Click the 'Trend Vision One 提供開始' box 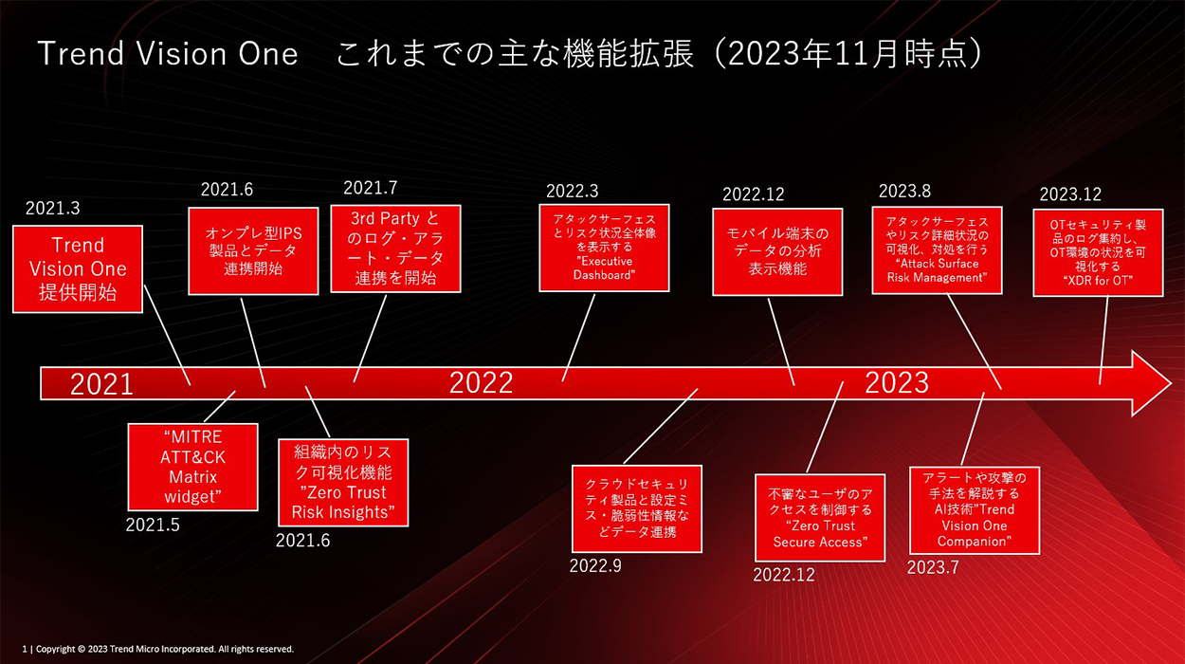(x=78, y=269)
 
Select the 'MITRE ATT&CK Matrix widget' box (x=192, y=467)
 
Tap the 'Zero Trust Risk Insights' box (x=343, y=483)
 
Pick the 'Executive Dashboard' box (x=604, y=248)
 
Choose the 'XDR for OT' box (x=1098, y=252)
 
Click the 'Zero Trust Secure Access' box (x=820, y=518)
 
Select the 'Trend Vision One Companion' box (x=975, y=510)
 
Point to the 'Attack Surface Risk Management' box (x=937, y=250)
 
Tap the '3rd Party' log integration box (x=395, y=249)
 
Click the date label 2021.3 (x=52, y=208)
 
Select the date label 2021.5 (x=153, y=525)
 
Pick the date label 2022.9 (x=595, y=566)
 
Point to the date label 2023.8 (x=904, y=192)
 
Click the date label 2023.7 (x=933, y=567)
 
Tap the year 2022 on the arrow (x=481, y=383)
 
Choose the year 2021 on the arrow (x=101, y=384)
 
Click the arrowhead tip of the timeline (x=1171, y=383)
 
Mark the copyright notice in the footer (x=157, y=649)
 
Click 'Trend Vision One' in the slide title (x=168, y=54)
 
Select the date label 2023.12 (x=1070, y=194)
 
